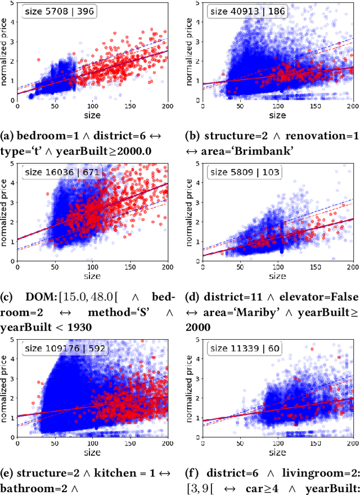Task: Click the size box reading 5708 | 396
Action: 58,11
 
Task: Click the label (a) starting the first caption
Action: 7,136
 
